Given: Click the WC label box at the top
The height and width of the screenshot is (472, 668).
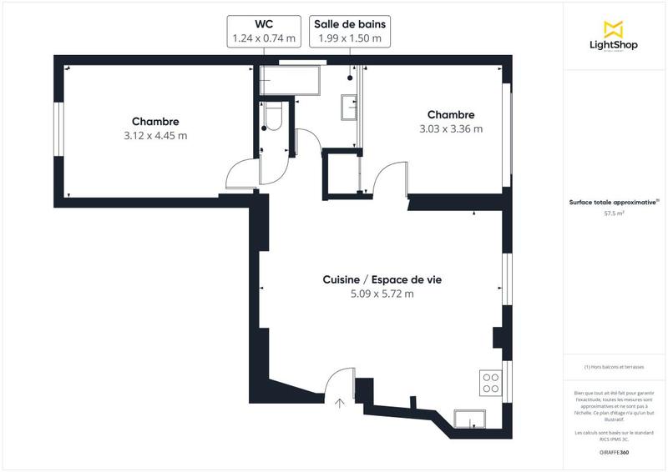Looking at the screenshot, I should point(263,30).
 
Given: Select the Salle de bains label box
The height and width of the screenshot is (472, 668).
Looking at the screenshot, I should point(349,30).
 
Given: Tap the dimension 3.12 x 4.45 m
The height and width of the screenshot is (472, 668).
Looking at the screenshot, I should point(154,136).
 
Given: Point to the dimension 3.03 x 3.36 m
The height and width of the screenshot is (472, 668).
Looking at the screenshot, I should point(451,129).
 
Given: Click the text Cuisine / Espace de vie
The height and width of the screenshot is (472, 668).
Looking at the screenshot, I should point(382,280).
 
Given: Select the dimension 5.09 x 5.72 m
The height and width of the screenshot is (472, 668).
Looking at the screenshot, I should point(382,294).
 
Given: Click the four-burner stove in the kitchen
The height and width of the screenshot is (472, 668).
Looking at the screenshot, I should point(491,382).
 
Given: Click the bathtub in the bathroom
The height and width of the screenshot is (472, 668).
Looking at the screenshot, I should point(290,82).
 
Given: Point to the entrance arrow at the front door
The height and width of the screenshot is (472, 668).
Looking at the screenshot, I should point(340,404).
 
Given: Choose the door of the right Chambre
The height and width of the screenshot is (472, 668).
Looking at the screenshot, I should point(388,178).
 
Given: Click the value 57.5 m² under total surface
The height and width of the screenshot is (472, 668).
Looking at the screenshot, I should point(615,213).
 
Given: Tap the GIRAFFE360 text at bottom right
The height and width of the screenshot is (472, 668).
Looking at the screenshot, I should point(614,452).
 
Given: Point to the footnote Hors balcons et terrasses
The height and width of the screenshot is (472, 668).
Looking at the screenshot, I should point(614,367).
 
